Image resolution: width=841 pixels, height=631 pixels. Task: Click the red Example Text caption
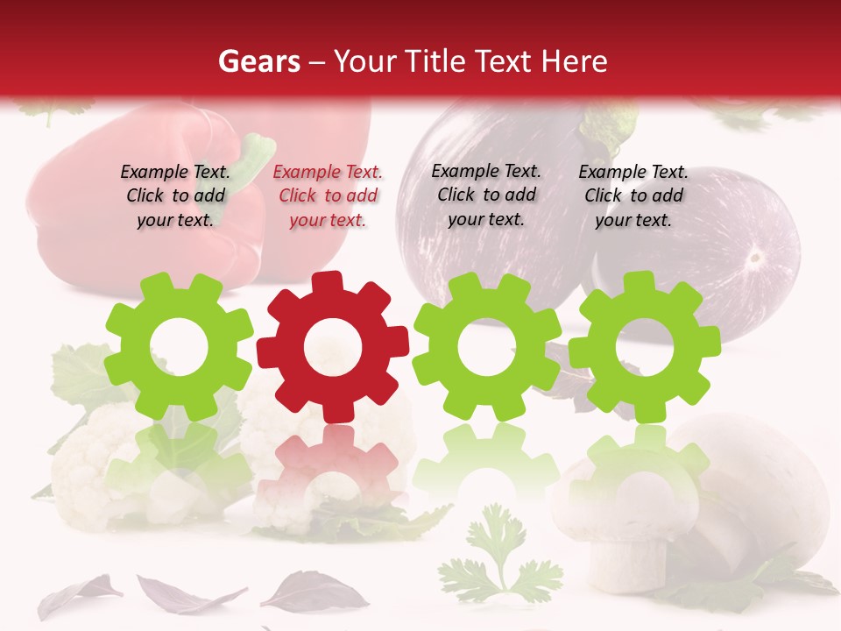pos(328,196)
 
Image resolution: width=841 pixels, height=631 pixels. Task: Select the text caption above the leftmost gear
pos(175,195)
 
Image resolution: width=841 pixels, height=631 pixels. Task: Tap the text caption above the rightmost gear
pos(633,196)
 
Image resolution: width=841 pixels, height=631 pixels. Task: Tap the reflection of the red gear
pos(333,464)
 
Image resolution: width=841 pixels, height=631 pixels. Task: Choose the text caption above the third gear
pos(486,195)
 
